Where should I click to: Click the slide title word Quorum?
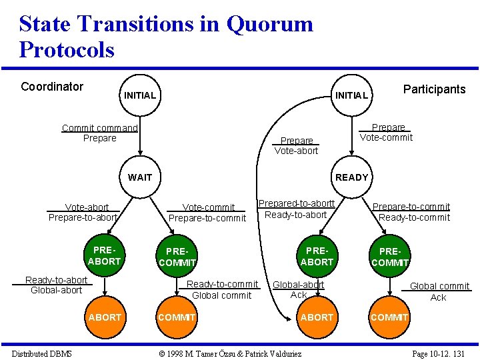coord(269,24)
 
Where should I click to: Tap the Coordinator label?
coord(52,87)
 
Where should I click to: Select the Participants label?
coord(434,89)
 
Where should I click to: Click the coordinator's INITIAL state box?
coord(140,95)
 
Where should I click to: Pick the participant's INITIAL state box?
coord(351,95)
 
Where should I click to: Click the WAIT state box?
coord(140,177)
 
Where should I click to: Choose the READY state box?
coord(351,177)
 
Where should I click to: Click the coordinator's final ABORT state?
coord(105,317)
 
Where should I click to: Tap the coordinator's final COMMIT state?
coord(177,317)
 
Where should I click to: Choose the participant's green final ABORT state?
coord(317,317)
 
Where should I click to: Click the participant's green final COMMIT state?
coord(389,317)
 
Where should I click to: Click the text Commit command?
coord(100,128)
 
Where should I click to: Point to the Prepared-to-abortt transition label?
coord(297,203)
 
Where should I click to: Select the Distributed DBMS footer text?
coord(42,353)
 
